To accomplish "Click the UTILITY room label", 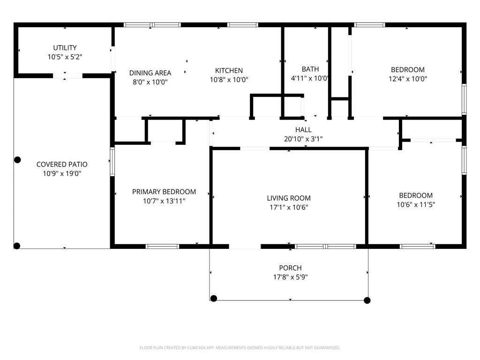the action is pyautogui.click(x=65, y=48).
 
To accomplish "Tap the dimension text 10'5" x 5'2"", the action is pyautogui.click(x=65, y=57).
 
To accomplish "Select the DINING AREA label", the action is pyautogui.click(x=150, y=73).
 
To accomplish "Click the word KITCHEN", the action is pyautogui.click(x=229, y=70).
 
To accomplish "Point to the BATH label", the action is pyautogui.click(x=310, y=69).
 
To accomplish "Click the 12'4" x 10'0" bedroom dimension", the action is pyautogui.click(x=408, y=79).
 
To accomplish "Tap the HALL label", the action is pyautogui.click(x=303, y=130).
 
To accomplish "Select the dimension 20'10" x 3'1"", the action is pyautogui.click(x=303, y=139).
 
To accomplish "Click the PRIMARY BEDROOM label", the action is pyautogui.click(x=164, y=192).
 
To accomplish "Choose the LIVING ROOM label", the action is pyautogui.click(x=289, y=198).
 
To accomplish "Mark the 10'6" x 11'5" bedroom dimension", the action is pyautogui.click(x=416, y=204).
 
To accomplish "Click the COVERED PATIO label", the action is pyautogui.click(x=62, y=165).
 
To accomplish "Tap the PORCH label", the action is pyautogui.click(x=290, y=268).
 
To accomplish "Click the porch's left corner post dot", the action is pyautogui.click(x=214, y=298).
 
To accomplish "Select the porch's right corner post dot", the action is pyautogui.click(x=367, y=300).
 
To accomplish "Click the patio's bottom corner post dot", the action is pyautogui.click(x=17, y=246).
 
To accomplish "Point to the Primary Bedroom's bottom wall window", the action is pyautogui.click(x=162, y=247).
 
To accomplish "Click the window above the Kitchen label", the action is pyautogui.click(x=242, y=25).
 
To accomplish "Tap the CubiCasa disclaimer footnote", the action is pyautogui.click(x=240, y=348).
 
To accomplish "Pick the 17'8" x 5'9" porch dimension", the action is pyautogui.click(x=290, y=277).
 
